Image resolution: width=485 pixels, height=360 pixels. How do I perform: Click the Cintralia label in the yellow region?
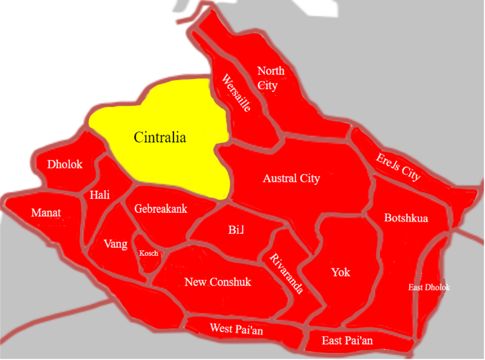159,137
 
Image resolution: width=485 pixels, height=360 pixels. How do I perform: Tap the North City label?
270,78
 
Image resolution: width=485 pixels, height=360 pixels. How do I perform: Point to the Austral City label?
291,179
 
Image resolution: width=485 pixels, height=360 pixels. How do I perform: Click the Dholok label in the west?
65,164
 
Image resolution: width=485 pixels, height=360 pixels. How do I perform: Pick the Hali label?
99,195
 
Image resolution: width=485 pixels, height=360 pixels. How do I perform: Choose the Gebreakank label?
161,208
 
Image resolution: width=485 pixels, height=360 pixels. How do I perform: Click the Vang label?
115,244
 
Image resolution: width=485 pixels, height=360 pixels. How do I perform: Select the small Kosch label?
149,253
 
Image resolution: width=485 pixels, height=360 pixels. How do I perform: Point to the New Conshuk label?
218,282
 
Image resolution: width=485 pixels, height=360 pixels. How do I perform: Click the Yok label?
340,272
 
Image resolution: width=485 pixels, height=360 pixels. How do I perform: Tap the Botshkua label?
406,218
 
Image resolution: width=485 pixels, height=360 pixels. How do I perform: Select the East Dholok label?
429,287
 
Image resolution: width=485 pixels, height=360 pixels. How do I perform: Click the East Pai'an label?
347,341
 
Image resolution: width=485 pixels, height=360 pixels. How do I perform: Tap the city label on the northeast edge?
398,167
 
